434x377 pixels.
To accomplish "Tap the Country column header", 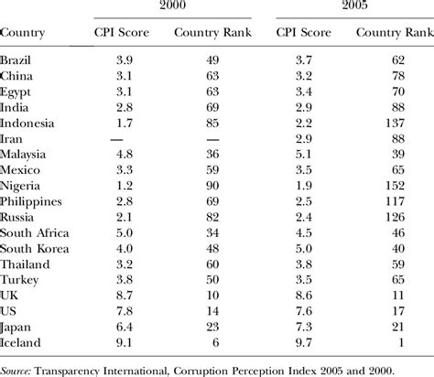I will [26, 35].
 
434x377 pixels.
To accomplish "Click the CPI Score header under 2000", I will [119, 35].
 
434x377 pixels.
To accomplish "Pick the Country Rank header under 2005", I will [394, 35].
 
